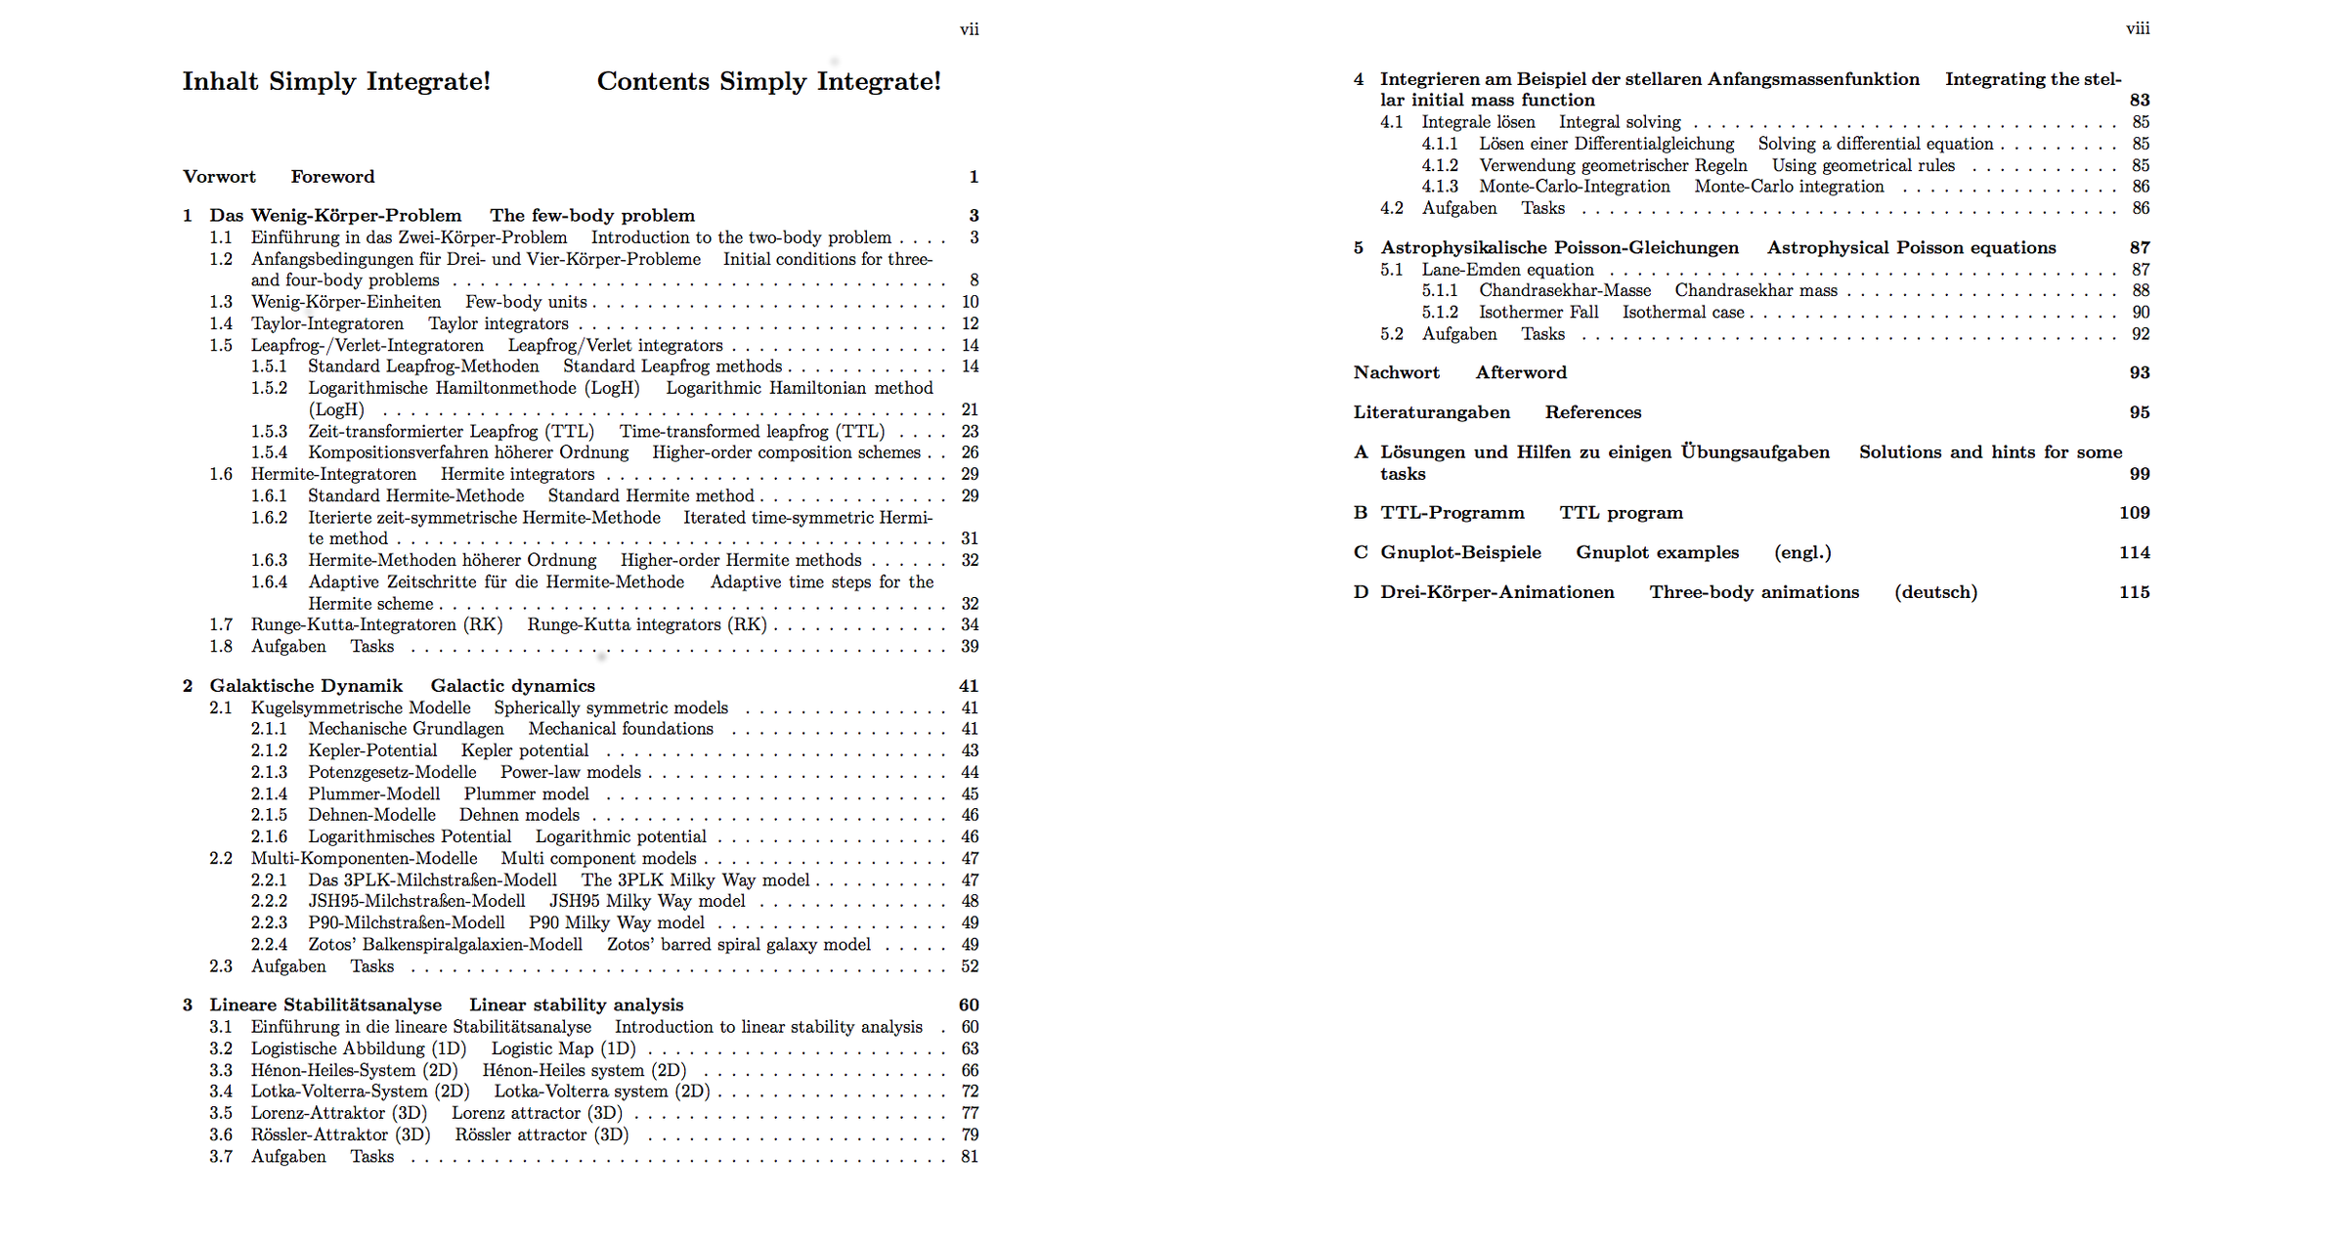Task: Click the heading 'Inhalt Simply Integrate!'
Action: [336, 81]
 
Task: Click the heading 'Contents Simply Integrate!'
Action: [768, 81]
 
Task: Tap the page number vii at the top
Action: [969, 29]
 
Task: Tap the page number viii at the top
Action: [2137, 29]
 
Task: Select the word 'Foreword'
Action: [332, 177]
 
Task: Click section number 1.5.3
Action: [269, 431]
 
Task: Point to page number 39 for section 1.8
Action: [969, 647]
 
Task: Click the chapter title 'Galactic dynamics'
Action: [512, 686]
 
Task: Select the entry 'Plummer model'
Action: [526, 793]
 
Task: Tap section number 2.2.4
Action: [269, 944]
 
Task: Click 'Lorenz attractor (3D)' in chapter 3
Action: [537, 1113]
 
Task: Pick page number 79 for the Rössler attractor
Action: [969, 1134]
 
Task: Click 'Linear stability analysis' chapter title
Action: [576, 1005]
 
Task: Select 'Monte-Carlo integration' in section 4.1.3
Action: [1789, 187]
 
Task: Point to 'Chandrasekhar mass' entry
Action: [1755, 290]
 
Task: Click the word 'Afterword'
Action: [1521, 372]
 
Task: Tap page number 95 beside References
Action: [2139, 412]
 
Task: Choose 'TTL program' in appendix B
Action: [1621, 513]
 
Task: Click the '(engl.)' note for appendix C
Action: [1802, 552]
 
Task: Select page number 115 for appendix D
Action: [2134, 592]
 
